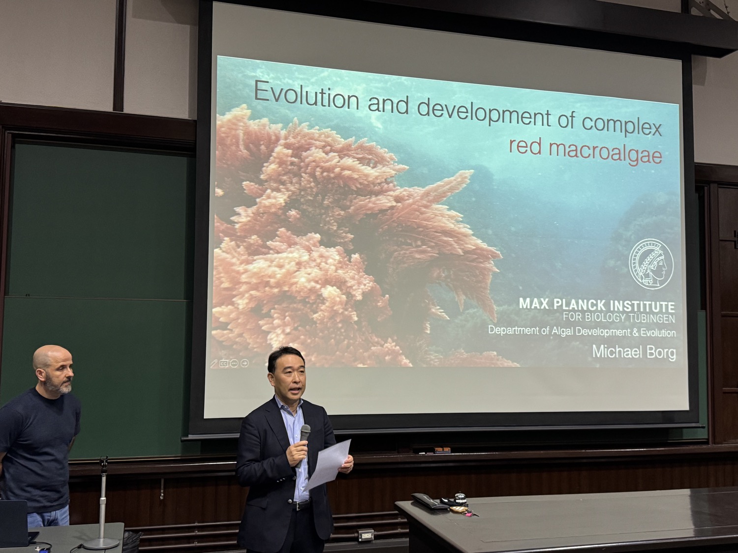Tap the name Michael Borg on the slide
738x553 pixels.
(x=634, y=352)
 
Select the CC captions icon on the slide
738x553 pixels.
(x=223, y=363)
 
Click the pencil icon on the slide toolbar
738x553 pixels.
(x=214, y=364)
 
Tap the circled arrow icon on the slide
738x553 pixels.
(x=245, y=363)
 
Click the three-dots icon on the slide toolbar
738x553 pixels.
(x=234, y=363)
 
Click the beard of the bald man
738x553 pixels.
(x=60, y=384)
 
